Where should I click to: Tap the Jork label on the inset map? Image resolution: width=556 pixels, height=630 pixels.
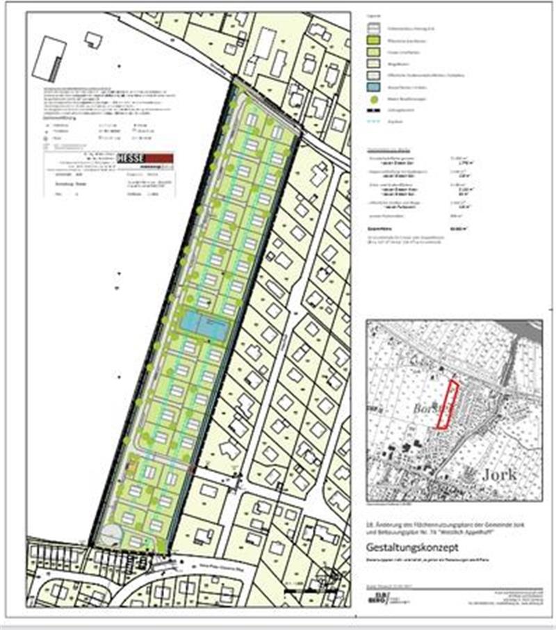497,475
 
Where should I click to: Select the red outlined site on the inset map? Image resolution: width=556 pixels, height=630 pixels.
445,404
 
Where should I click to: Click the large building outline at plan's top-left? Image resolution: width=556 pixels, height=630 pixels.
49,58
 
